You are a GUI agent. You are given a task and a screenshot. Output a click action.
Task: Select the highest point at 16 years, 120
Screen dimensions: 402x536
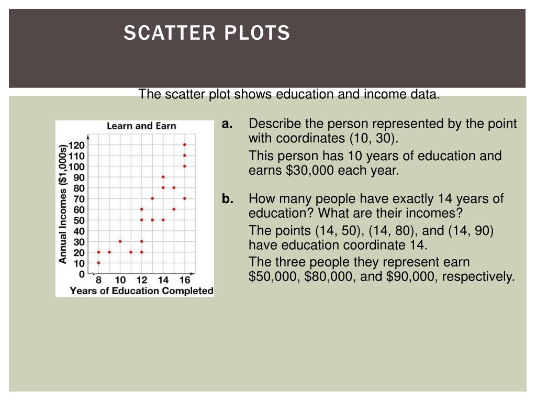(185, 144)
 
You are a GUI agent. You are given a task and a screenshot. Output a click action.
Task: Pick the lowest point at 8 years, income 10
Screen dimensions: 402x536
(98, 263)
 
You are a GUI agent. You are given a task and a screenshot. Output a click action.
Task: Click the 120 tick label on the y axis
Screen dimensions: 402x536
(77, 145)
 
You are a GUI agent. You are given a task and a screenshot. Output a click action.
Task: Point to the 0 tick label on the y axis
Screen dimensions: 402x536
(81, 274)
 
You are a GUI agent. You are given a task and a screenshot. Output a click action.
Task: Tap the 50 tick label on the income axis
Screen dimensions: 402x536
(79, 220)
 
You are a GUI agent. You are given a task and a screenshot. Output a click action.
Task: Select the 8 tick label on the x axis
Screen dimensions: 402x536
(98, 281)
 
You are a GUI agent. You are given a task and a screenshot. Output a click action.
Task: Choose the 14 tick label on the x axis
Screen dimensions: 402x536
(163, 281)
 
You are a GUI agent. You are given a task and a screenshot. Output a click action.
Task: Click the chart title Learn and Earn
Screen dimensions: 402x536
(141, 126)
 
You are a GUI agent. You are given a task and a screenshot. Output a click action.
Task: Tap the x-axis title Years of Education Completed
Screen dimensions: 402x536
(141, 291)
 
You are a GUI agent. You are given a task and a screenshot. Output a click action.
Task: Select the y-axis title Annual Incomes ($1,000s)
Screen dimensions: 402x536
(63, 204)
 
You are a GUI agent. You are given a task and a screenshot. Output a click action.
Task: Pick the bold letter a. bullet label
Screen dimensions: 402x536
(227, 124)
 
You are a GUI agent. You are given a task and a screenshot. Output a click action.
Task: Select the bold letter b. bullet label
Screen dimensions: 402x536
(227, 199)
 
